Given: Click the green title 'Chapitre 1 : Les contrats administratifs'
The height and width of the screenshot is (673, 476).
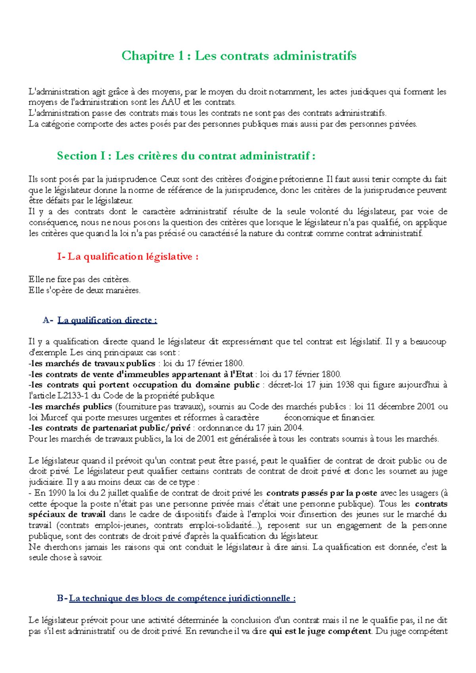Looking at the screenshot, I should click(x=238, y=55).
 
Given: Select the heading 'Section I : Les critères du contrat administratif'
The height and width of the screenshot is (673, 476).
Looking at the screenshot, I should click(x=186, y=156).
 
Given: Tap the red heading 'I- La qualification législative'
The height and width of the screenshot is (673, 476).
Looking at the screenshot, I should click(x=127, y=256).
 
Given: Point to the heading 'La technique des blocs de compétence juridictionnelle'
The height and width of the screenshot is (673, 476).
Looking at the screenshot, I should click(x=182, y=598).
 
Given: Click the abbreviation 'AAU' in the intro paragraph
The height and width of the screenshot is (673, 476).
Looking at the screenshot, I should click(x=171, y=102).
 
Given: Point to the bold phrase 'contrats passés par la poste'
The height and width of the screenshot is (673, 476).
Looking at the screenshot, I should click(x=321, y=493).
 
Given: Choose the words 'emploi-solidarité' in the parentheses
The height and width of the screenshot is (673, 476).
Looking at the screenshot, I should click(x=221, y=526).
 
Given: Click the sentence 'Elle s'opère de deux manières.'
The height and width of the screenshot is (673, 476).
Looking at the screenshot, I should click(x=84, y=291).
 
